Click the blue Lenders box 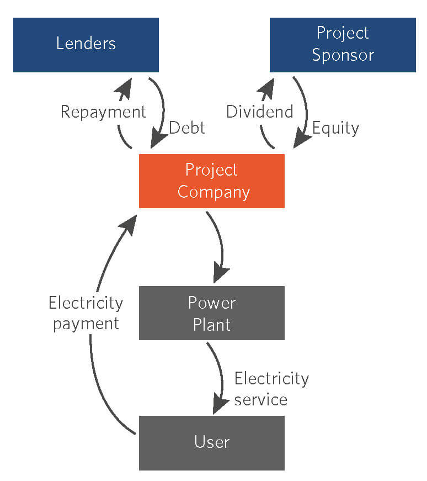click(86, 45)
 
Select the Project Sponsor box click(343, 45)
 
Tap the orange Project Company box click(212, 181)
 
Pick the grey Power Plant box click(212, 313)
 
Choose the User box click(212, 443)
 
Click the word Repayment click(103, 112)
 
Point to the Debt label click(187, 128)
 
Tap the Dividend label click(260, 112)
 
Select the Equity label click(335, 128)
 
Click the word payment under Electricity click(86, 324)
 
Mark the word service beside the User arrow click(261, 400)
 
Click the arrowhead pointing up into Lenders click(125, 89)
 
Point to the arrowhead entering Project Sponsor click(267, 89)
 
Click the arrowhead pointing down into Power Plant click(221, 272)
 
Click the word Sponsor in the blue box click(343, 56)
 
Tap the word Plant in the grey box click(212, 325)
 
